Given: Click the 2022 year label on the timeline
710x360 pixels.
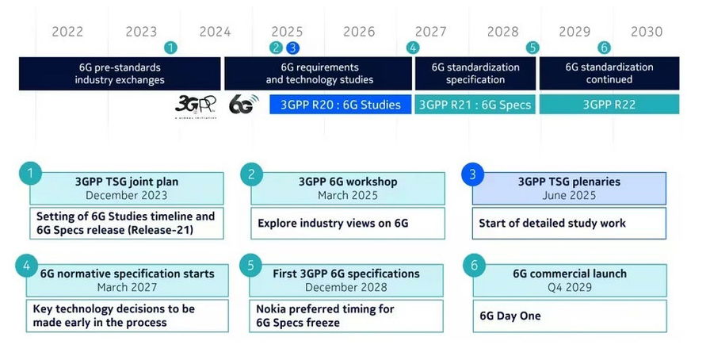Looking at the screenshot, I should click(x=67, y=32).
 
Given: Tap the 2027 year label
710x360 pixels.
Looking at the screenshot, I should click(x=430, y=32).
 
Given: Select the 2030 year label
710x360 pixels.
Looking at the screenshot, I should click(x=647, y=32).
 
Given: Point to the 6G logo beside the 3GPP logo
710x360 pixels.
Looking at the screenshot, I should click(x=241, y=105).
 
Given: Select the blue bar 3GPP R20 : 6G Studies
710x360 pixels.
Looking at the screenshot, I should click(x=340, y=105).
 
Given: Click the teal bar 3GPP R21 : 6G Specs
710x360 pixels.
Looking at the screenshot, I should click(x=475, y=105).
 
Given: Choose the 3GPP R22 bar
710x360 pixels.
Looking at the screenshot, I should click(x=609, y=105).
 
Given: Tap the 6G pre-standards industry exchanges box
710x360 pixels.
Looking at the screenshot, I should click(x=120, y=74).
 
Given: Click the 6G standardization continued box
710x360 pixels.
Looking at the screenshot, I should click(x=609, y=74).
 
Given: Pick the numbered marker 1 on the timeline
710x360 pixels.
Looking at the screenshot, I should click(x=170, y=48).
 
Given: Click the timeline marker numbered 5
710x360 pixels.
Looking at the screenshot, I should click(x=532, y=48).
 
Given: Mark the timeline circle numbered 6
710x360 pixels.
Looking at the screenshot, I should click(x=605, y=48).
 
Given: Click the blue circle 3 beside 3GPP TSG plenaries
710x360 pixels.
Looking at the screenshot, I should click(x=474, y=173).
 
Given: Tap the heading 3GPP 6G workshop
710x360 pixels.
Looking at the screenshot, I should click(x=348, y=182).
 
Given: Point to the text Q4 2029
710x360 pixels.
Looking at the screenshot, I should click(x=570, y=287).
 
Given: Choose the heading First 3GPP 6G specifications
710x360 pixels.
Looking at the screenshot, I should click(x=348, y=274).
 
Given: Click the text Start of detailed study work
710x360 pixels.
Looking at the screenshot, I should click(x=552, y=224).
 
